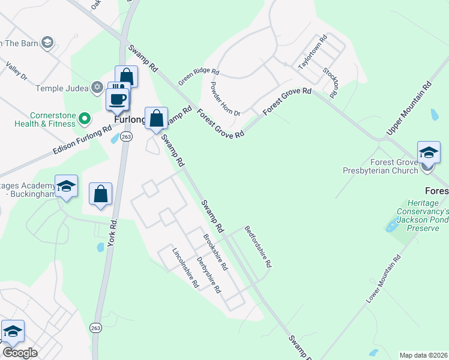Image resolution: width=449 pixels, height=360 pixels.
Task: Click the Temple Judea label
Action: click(x=62, y=88)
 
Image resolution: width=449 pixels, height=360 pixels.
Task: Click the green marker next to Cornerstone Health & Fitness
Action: click(x=84, y=118)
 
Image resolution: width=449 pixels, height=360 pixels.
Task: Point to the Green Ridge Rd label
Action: click(x=199, y=76)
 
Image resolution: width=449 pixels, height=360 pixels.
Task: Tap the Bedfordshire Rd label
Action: click(x=258, y=246)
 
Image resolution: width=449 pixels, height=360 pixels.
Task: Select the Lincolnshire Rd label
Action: click(x=185, y=268)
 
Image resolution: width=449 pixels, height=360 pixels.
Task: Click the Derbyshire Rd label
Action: click(x=209, y=275)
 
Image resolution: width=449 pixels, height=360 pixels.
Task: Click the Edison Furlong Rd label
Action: click(x=83, y=137)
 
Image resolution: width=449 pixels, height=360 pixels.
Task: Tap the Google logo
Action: click(x=20, y=352)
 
